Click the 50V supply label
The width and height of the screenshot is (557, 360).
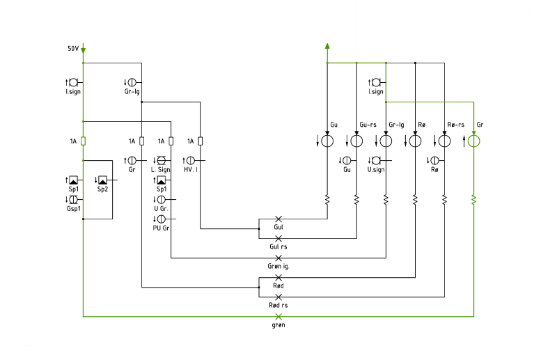point(73,48)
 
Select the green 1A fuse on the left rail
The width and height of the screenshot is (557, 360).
point(83,141)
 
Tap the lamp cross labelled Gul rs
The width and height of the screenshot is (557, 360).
point(278,238)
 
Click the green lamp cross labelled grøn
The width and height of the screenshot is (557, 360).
point(278,316)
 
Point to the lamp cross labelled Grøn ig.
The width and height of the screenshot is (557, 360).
point(278,258)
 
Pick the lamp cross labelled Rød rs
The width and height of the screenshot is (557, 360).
point(278,297)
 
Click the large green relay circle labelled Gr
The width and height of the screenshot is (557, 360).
point(474,141)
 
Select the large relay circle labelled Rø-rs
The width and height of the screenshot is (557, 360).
point(444,141)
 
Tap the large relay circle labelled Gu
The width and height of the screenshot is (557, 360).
point(327,141)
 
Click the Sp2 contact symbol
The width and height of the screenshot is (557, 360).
point(102,180)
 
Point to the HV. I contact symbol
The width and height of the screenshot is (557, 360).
point(191,161)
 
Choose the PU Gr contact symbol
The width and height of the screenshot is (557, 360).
point(162,219)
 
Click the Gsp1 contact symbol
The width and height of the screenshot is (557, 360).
point(73,199)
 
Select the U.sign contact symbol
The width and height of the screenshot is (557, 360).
point(376,161)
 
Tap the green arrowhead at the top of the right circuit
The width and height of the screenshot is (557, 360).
point(327,46)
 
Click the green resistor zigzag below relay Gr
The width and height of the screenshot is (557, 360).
point(474,200)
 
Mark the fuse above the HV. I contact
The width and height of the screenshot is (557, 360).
point(201,141)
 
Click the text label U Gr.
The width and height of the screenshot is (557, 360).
point(162,209)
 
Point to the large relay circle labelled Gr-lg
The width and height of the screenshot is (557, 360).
point(386,141)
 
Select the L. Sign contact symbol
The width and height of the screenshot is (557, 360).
point(162,161)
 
